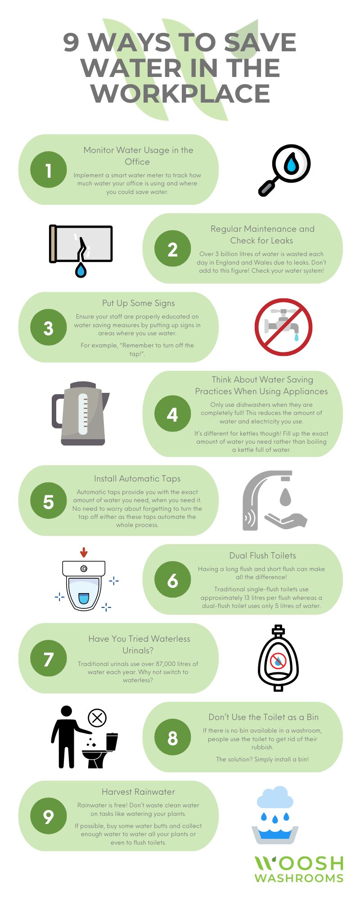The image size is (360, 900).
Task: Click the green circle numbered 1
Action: (48, 170)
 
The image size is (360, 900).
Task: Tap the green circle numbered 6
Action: (172, 580)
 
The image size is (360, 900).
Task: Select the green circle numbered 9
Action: (48, 816)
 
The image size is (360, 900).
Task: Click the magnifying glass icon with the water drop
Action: (285, 170)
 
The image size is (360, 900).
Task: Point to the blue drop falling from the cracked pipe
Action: (81, 270)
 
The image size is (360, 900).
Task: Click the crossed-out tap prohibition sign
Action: (283, 327)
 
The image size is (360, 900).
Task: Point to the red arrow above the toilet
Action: (83, 552)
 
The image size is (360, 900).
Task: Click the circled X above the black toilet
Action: (97, 718)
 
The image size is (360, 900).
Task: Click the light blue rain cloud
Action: (275, 798)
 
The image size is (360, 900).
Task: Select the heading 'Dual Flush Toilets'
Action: (262, 555)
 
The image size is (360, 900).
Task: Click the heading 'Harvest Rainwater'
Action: (138, 792)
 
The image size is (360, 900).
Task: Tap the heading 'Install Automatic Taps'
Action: (137, 479)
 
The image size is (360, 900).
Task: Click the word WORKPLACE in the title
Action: (180, 94)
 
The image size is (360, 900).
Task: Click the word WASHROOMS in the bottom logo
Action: (299, 878)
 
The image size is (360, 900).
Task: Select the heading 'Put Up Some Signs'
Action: (138, 303)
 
